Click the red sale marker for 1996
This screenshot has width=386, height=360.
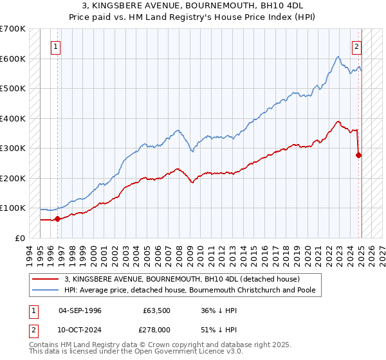pos(58,219)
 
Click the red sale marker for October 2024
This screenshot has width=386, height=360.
pos(359,155)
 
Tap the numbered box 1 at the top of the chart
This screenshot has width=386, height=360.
pos(56,46)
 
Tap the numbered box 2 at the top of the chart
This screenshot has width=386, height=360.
pos(356,46)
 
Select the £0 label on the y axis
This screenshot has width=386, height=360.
pos(21,238)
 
